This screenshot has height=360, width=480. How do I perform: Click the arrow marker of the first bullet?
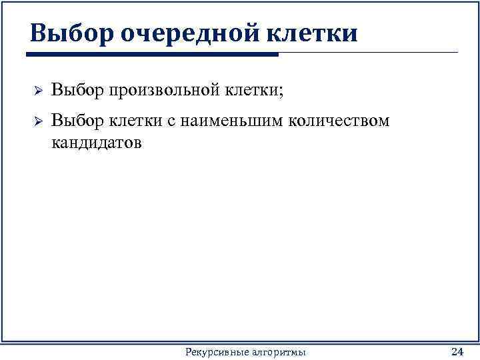(x=38, y=90)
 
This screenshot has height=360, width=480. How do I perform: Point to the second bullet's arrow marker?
(x=38, y=122)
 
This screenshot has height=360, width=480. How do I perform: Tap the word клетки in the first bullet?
(x=247, y=89)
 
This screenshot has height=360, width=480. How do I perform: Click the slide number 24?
(x=457, y=351)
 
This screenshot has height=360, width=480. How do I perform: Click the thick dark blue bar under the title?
(x=154, y=55)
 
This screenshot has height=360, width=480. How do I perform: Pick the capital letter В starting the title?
(x=38, y=33)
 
